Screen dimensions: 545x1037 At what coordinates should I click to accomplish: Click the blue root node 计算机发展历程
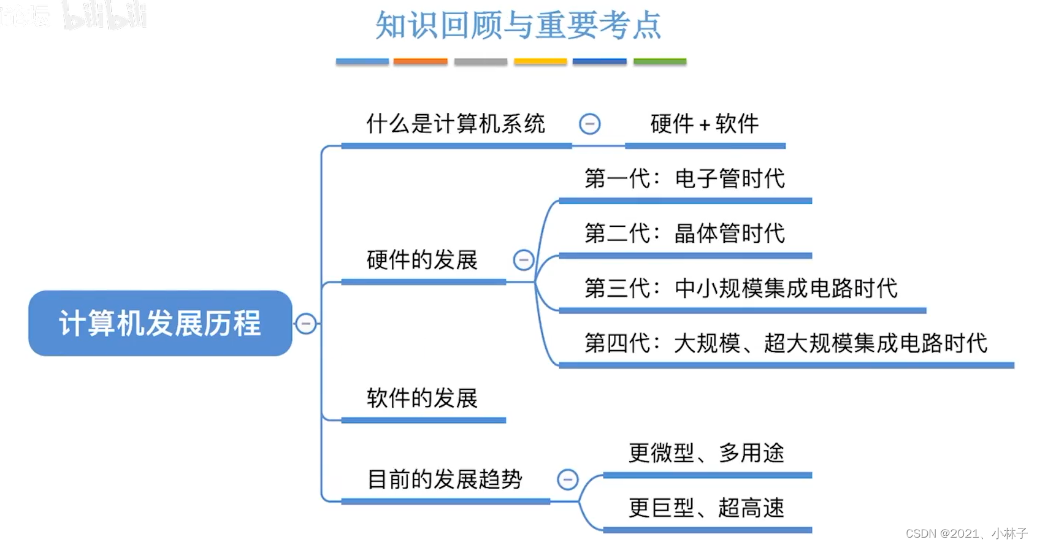[x=160, y=323]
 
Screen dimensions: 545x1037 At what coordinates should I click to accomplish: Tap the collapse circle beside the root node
[x=306, y=323]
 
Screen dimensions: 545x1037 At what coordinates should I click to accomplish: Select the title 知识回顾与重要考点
[x=518, y=26]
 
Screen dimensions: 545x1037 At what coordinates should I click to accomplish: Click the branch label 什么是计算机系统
[x=456, y=124]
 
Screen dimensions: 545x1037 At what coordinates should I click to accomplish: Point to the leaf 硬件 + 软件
[x=705, y=124]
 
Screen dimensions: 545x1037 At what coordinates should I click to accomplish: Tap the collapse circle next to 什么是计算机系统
[x=589, y=124]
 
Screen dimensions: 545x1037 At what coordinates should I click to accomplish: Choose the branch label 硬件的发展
[x=422, y=260]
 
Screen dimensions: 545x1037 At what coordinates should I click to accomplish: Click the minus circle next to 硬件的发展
[x=523, y=260]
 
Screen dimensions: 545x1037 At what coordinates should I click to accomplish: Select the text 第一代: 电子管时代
[x=684, y=179]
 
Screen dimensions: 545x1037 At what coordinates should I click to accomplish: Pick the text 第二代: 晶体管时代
[x=684, y=234]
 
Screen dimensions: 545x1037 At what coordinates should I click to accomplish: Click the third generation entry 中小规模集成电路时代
[x=741, y=288]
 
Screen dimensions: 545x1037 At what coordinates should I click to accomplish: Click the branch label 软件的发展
[x=422, y=398]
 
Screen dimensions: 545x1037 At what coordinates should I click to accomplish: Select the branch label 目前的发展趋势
[x=445, y=479]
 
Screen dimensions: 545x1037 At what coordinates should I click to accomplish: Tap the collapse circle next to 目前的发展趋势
[x=567, y=479]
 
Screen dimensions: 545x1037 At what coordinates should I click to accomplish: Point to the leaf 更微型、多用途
[x=706, y=453]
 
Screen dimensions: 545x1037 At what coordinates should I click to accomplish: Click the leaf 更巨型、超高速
[x=706, y=508]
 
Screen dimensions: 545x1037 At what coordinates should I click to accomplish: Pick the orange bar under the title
[x=420, y=61]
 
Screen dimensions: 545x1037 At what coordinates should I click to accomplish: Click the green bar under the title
[x=660, y=61]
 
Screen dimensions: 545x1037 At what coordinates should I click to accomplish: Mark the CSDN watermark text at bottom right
[x=966, y=533]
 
